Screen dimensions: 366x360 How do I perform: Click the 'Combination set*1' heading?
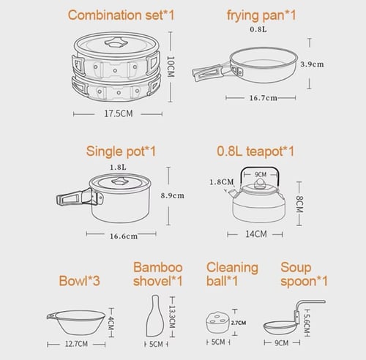121,15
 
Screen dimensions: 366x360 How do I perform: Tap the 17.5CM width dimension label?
119,113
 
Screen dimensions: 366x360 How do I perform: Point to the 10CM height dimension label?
171,67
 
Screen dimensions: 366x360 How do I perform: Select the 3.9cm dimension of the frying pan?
312,64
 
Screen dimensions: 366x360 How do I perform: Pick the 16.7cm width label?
263,98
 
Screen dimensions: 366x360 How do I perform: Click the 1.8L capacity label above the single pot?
118,168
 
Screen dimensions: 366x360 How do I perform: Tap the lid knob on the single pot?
119,181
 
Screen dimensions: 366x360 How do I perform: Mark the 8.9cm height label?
172,195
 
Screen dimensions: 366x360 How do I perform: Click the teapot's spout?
233,192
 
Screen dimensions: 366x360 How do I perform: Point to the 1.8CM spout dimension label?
222,182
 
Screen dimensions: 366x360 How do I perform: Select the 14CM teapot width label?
256,234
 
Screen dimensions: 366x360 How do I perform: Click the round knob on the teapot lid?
259,184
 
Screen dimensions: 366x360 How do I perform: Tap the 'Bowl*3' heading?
79,281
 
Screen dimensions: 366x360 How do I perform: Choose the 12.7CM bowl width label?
76,344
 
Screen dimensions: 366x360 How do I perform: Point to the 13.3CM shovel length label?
172,317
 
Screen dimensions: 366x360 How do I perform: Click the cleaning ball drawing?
217,322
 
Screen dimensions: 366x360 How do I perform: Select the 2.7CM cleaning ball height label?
239,323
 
